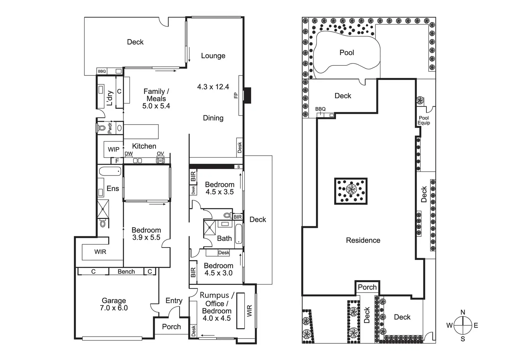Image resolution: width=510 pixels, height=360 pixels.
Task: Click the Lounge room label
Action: (213, 56)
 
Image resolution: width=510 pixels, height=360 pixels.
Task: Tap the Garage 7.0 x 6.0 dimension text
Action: (114, 308)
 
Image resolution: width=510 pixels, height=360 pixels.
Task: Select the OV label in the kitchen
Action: (160, 154)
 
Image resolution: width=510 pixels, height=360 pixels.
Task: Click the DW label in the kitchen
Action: (129, 154)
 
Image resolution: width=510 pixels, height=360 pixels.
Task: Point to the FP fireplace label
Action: (236, 95)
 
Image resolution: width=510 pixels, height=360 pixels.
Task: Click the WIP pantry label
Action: (114, 150)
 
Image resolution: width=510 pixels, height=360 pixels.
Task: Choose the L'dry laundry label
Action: (110, 98)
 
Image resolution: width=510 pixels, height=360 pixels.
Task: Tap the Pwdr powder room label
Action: (110, 128)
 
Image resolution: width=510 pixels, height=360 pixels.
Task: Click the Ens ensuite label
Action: (113, 189)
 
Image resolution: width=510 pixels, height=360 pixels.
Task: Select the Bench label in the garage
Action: (126, 272)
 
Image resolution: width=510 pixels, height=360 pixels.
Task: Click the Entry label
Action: (174, 301)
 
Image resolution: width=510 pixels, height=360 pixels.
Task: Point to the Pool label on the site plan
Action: (347, 53)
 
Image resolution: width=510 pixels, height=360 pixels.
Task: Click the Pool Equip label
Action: (424, 120)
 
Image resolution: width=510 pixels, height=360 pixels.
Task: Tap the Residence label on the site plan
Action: (363, 240)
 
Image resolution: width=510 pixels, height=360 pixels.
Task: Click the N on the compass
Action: (463, 313)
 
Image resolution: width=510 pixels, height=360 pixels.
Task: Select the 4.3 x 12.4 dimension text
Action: (213, 87)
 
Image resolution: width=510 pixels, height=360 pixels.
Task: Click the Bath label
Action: (225, 238)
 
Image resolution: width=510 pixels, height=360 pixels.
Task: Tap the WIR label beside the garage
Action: (100, 252)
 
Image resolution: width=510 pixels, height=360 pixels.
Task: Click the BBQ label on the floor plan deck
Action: (102, 71)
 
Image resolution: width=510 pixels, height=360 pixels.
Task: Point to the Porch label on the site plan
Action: (367, 287)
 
